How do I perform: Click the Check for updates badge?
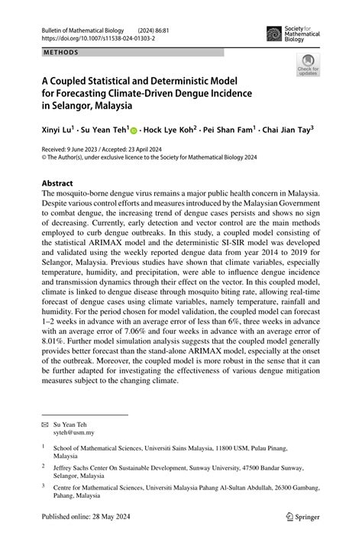pos(308,64)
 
